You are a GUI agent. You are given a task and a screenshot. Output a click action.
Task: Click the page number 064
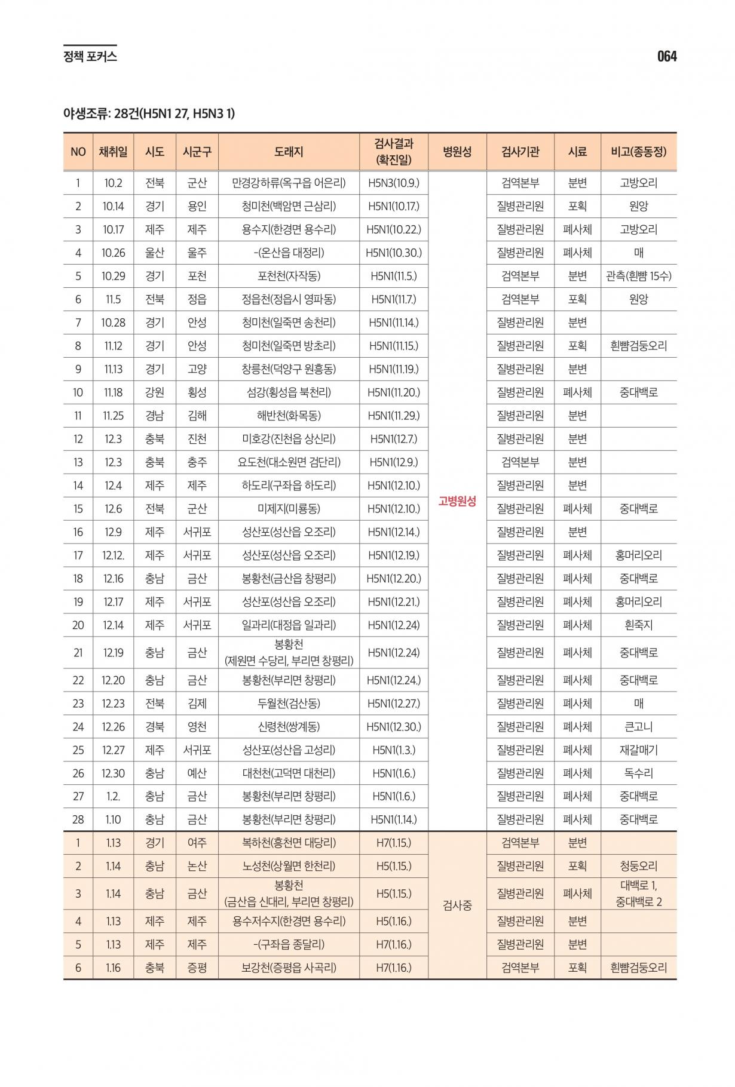(666, 56)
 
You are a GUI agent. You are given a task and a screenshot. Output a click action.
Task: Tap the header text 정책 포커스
(90, 57)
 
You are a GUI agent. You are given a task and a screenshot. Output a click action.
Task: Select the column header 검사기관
(520, 152)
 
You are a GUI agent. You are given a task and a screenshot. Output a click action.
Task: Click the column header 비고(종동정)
(638, 152)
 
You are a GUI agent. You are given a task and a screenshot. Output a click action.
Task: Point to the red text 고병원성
(457, 501)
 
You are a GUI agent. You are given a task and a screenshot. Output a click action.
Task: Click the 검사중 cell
(457, 905)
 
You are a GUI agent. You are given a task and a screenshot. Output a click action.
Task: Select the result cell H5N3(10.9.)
(393, 183)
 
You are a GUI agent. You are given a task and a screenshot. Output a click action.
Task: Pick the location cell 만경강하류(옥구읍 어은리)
(289, 183)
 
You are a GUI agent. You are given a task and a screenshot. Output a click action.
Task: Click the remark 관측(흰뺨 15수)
(638, 276)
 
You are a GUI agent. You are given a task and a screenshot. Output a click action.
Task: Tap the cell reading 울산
(154, 253)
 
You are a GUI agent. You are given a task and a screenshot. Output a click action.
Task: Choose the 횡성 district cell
(197, 392)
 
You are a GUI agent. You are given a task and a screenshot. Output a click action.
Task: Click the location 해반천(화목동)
(289, 416)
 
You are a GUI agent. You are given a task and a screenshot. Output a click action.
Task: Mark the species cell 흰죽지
(638, 625)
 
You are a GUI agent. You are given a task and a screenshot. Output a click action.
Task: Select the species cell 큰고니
(638, 727)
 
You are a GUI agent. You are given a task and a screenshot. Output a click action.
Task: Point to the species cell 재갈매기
(638, 750)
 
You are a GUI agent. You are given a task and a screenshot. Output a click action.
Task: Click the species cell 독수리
(638, 773)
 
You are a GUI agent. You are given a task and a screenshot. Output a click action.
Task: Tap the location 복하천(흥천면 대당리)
(289, 843)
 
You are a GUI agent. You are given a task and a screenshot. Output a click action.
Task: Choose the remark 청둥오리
(638, 866)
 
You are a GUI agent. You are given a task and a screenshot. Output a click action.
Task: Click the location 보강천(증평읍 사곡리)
(289, 968)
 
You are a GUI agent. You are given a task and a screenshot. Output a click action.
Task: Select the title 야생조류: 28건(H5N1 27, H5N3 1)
(149, 113)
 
